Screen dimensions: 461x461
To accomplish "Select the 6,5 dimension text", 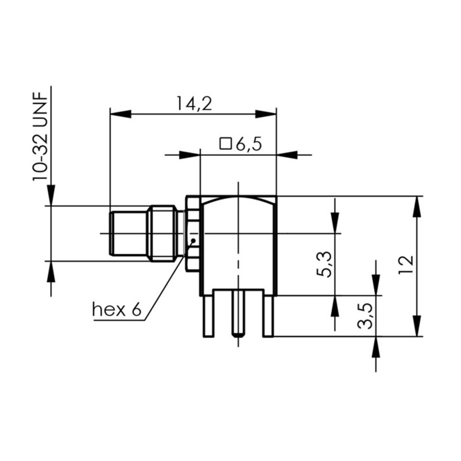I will (x=248, y=144).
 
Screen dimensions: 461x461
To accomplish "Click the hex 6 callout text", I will (x=116, y=310).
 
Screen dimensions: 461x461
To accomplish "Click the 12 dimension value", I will (x=407, y=264).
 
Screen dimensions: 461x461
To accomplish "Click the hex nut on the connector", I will (x=192, y=233).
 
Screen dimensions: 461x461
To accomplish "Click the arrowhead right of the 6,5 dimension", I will (x=288, y=154).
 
